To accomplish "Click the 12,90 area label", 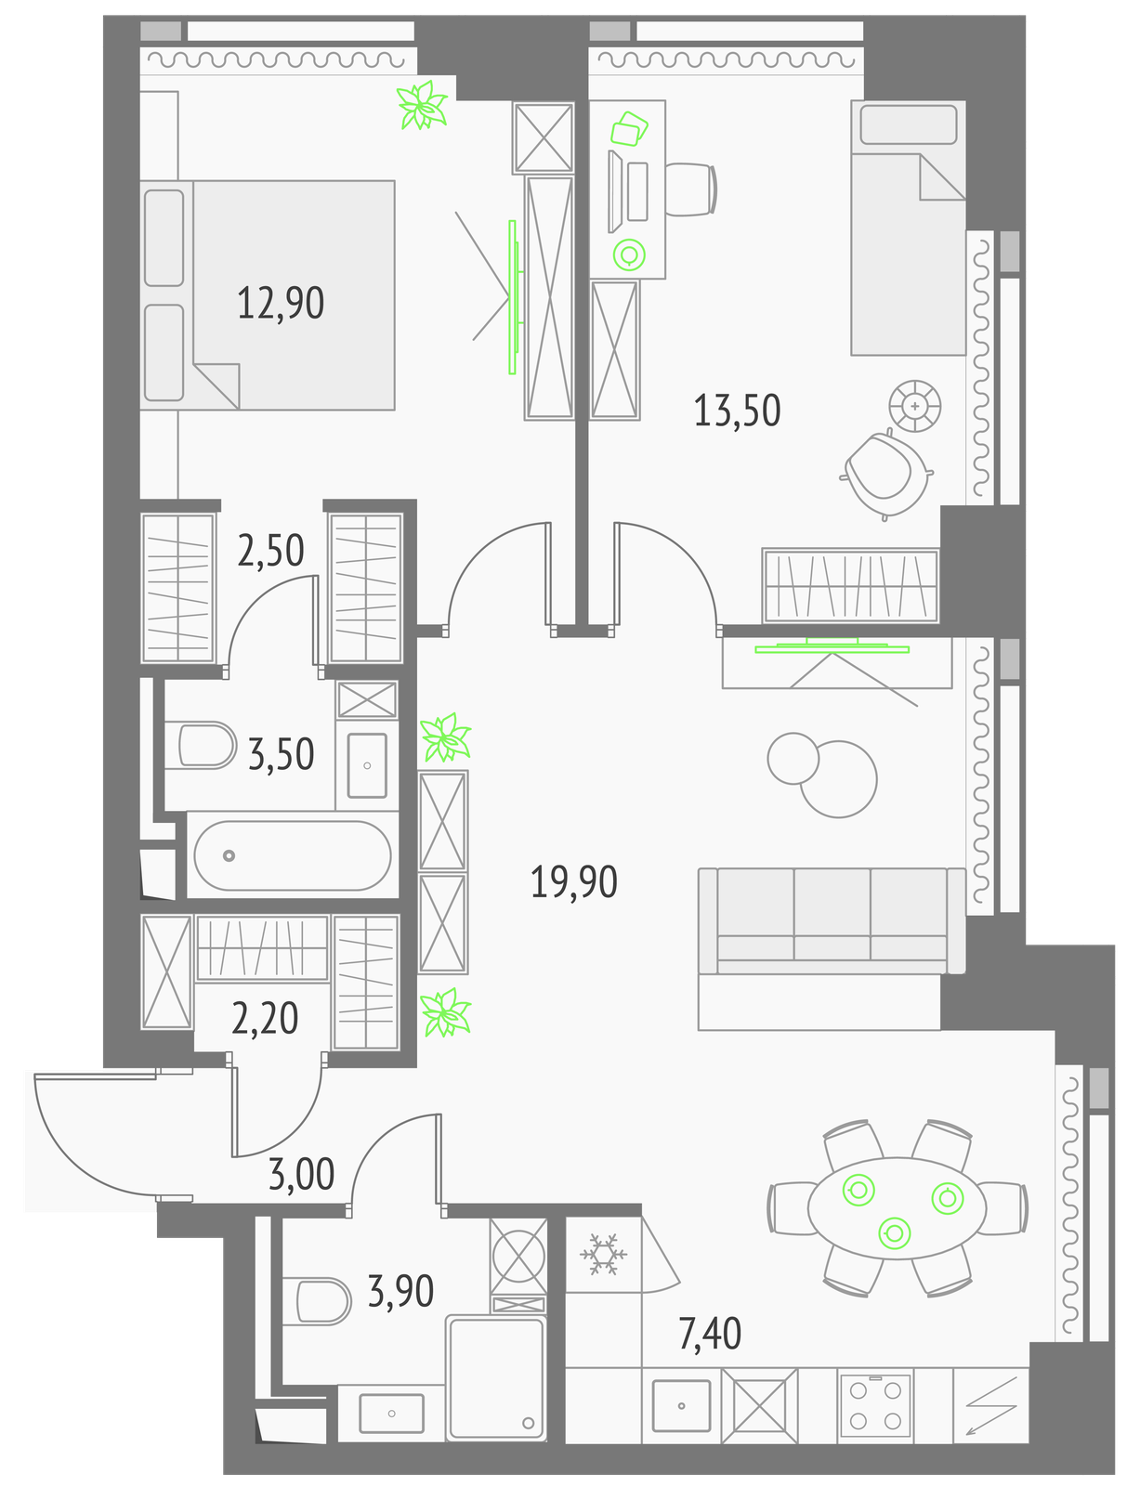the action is [x=281, y=303].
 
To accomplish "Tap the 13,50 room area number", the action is [x=737, y=411].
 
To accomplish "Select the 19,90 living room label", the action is [x=574, y=881].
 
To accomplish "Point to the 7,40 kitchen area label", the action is [x=710, y=1334].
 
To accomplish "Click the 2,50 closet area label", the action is [x=270, y=551].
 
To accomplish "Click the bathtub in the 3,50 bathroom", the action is [x=293, y=854].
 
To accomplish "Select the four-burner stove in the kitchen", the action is [x=874, y=1407].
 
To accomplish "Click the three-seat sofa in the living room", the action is [x=832, y=920].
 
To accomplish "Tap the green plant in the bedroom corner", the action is [x=423, y=105].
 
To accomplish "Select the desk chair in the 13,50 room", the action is [x=691, y=189].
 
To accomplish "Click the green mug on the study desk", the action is [x=629, y=255].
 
